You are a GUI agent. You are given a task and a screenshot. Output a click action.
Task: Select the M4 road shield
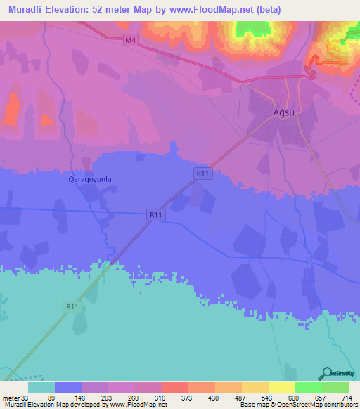pyautogui.click(x=129, y=41)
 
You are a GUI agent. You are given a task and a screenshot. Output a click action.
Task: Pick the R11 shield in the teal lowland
pyautogui.click(x=72, y=306)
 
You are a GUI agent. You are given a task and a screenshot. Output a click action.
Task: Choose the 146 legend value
pyautogui.click(x=108, y=397)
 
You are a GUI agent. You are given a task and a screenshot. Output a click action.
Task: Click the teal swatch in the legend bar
pyautogui.click(x=41, y=387)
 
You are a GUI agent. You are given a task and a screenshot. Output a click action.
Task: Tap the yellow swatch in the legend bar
pyautogui.click(x=281, y=387)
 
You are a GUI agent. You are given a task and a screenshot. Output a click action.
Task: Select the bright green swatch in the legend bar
pyautogui.click(x=308, y=387)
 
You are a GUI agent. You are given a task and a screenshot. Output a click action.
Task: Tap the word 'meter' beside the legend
pyautogui.click(x=10, y=397)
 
